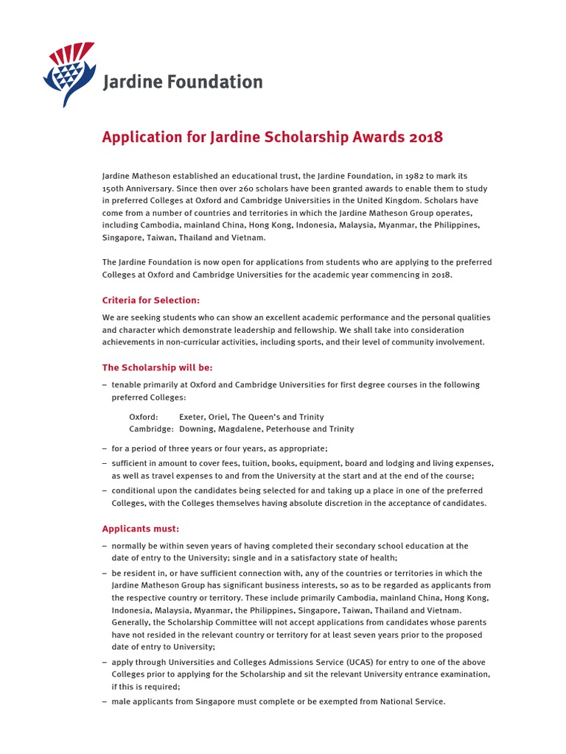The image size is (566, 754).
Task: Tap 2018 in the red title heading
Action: [x=427, y=138]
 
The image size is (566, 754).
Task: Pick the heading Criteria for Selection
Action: [x=150, y=300]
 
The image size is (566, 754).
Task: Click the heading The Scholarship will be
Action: [x=157, y=367]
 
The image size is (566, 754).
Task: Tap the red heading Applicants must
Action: [x=140, y=529]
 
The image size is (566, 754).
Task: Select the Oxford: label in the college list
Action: [x=144, y=417]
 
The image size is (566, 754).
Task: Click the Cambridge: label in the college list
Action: [x=151, y=429]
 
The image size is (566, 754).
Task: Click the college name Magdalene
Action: [x=237, y=429]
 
